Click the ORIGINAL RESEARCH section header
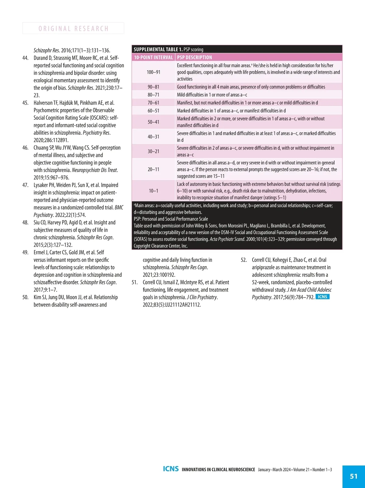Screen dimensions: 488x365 [x=73, y=29]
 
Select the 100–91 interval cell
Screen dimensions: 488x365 [x=153, y=72]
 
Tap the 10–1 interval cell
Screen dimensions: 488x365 [x=153, y=191]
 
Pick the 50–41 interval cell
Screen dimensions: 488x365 [x=153, y=122]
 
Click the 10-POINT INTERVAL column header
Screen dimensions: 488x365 [x=153, y=57]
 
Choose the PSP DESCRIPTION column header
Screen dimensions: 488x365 [x=195, y=57]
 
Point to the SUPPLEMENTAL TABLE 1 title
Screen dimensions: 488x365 [x=158, y=49]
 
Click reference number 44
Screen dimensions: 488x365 [x=26, y=58]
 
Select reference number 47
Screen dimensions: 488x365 [x=26, y=185]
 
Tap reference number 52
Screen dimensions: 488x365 [x=244, y=260]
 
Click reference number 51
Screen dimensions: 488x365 [x=134, y=283]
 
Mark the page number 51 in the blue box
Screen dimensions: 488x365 [x=354, y=476]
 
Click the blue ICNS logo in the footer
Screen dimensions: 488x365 [x=171, y=469]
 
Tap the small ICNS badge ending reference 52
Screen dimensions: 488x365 [x=322, y=297]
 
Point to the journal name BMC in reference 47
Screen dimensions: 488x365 [x=119, y=208]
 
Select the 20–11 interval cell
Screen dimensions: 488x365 [x=153, y=169]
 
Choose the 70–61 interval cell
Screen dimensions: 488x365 [x=153, y=103]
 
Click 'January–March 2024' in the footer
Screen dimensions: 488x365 [x=274, y=469]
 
